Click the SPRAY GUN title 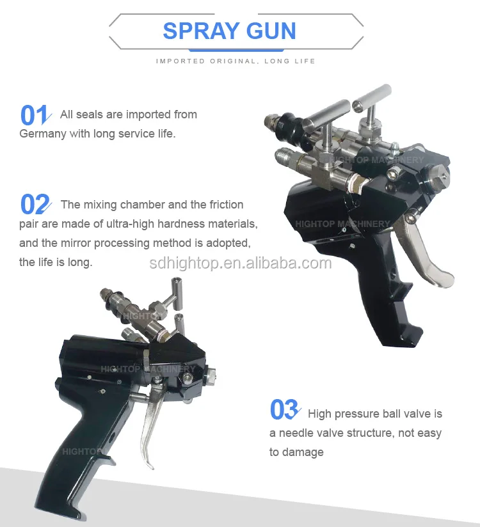click(229, 31)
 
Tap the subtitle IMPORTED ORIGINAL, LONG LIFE click(236, 61)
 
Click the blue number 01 click(35, 116)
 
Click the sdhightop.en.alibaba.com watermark click(240, 263)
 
